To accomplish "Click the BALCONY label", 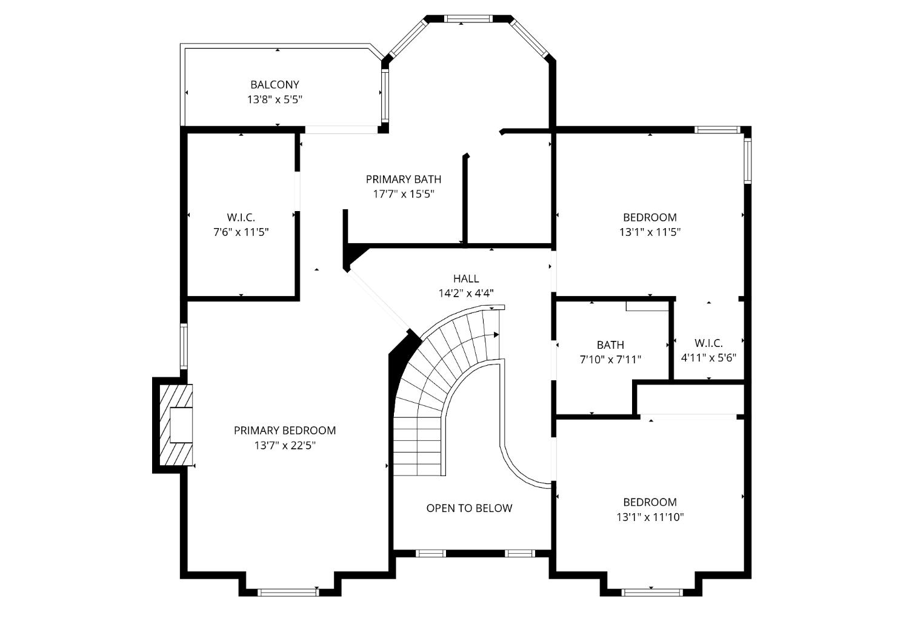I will (275, 85).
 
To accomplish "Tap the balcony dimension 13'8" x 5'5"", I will (275, 99).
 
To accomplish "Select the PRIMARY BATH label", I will (403, 180).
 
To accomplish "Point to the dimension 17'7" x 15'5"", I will (403, 194).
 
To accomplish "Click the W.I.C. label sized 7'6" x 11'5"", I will (241, 217).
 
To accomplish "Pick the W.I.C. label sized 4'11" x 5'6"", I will (708, 343).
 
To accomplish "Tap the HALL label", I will (465, 278).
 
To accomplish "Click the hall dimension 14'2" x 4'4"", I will (465, 293).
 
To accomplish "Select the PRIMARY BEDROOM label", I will (284, 431).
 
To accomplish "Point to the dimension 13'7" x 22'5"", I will (284, 445).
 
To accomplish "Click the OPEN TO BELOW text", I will (469, 508).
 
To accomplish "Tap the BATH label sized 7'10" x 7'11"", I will (610, 345).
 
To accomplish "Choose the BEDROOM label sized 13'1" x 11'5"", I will (650, 217).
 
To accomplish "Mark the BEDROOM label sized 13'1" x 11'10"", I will (650, 502).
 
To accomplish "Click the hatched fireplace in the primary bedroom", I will (173, 425).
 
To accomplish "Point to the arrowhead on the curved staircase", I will (496, 334).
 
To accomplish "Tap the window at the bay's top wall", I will (470, 19).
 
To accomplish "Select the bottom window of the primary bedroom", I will (288, 592).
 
